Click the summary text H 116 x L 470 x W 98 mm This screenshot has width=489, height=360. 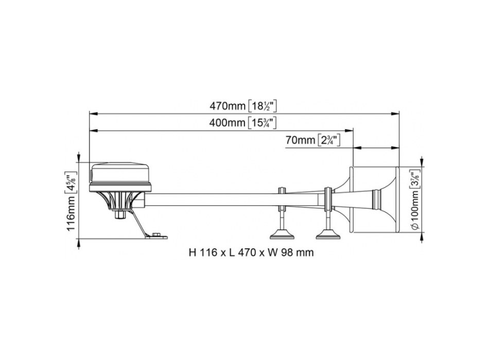pos(251,253)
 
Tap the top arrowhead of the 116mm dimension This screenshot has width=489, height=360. pos(78,158)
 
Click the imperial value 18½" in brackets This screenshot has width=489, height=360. pos(263,106)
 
